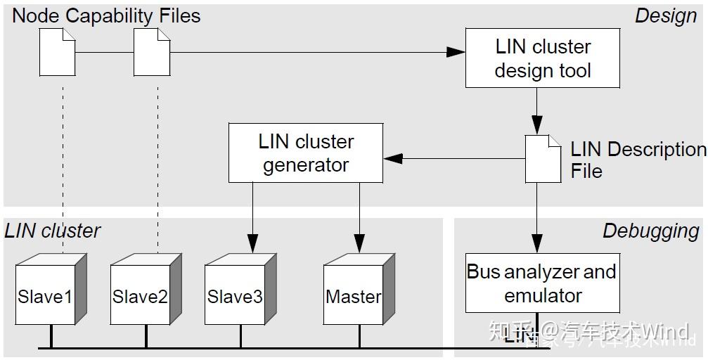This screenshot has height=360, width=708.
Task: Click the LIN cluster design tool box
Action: (542, 58)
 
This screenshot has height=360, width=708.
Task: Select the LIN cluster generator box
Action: (305, 153)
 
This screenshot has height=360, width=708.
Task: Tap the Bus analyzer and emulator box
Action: (542, 283)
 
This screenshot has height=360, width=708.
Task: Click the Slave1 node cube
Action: (46, 295)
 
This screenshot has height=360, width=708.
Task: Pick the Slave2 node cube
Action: (141, 295)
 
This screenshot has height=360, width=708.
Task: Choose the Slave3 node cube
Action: (236, 295)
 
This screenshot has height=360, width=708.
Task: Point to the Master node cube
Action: (354, 295)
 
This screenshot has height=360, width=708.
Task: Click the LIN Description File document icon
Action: (543, 158)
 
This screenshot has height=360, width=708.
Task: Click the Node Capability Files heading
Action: (106, 15)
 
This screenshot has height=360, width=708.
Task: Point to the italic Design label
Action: (665, 15)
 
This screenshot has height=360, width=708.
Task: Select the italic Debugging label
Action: (650, 231)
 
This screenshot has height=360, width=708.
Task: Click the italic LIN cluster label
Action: (53, 231)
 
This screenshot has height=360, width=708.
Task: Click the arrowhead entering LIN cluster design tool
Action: (457, 52)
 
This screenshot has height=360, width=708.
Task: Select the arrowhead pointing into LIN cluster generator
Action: (393, 158)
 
